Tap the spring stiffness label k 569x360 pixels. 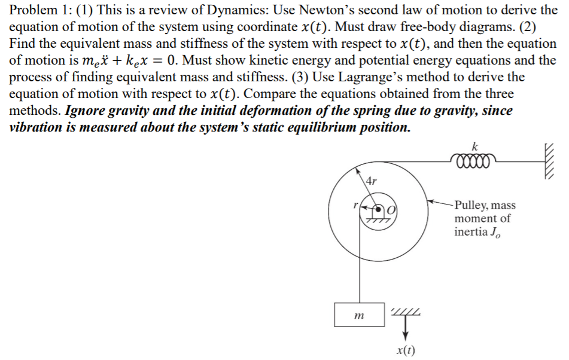coord(474,145)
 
